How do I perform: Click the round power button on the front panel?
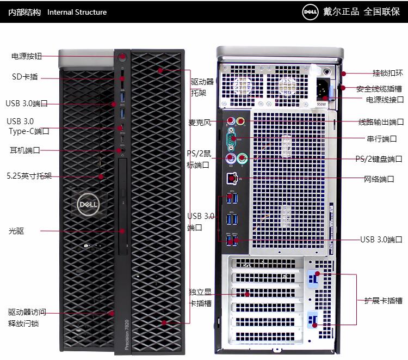(x=122, y=57)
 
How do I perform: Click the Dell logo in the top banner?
(x=310, y=12)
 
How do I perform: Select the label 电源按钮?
(x=27, y=56)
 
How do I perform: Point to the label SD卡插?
(x=25, y=77)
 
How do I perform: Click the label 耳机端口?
(x=25, y=150)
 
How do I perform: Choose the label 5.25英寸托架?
(x=29, y=176)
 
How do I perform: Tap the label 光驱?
(x=16, y=231)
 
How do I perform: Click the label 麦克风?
(x=199, y=122)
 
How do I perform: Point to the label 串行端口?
(x=381, y=139)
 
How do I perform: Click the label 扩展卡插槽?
(x=384, y=300)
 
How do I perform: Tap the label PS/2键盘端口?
(x=379, y=159)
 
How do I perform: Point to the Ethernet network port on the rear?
(x=232, y=178)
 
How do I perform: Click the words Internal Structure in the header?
(x=77, y=12)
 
